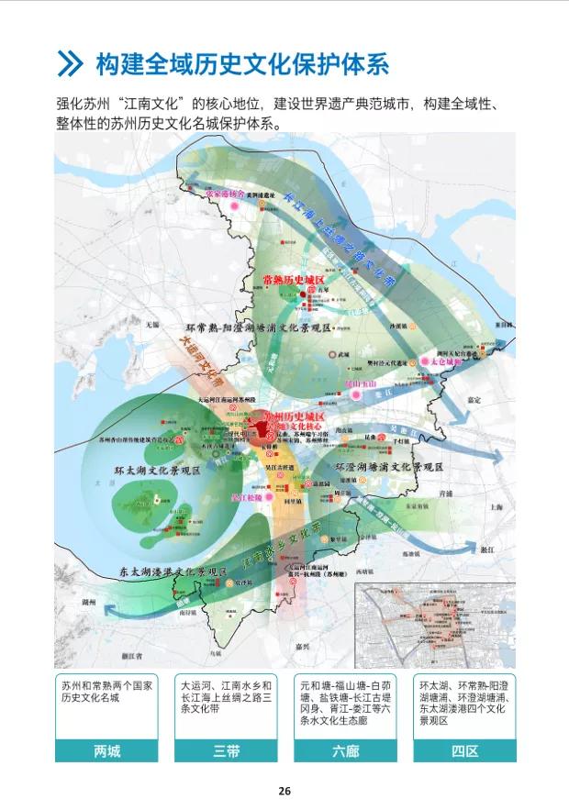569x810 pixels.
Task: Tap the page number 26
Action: point(284,791)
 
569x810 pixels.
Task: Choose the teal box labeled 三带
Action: point(227,751)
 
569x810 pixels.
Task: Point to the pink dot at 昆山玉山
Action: point(355,394)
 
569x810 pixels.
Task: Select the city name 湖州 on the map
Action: point(89,603)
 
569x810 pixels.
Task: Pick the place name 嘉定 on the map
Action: point(474,400)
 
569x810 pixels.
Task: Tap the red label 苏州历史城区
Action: point(287,417)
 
